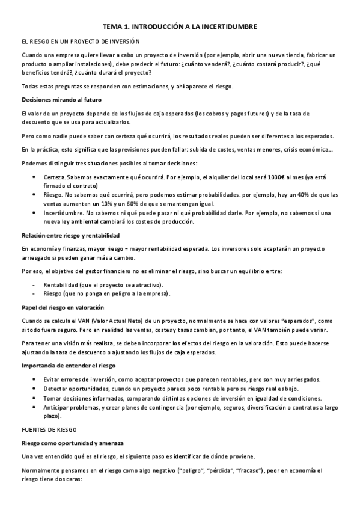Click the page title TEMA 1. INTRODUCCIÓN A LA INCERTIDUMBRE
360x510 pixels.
click(x=180, y=27)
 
